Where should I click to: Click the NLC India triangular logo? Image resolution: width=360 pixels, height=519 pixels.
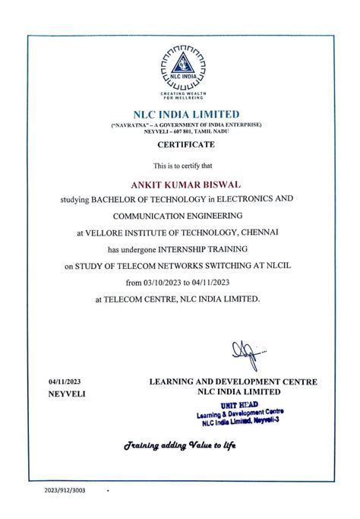tap(180, 68)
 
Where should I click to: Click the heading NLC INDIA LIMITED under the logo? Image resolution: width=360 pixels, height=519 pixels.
tap(180, 114)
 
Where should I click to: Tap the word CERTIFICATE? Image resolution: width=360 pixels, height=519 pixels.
tap(180, 144)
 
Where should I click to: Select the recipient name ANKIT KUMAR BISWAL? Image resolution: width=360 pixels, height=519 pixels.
tap(179, 182)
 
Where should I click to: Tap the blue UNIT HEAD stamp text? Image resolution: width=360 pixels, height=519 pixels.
tap(239, 406)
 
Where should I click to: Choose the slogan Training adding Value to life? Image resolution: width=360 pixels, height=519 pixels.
tap(180, 445)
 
